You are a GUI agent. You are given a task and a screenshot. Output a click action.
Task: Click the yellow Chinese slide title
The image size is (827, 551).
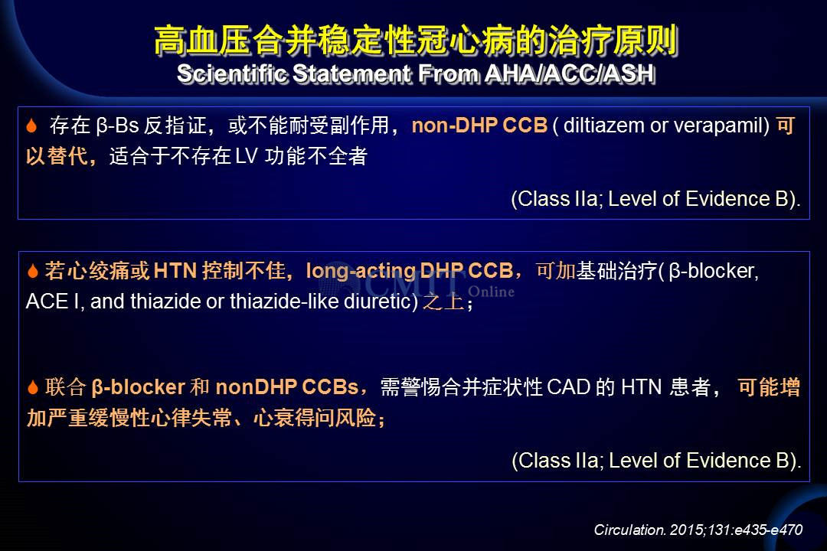pyautogui.click(x=416, y=40)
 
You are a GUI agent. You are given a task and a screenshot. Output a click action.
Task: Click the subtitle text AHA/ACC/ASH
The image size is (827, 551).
pyautogui.click(x=570, y=73)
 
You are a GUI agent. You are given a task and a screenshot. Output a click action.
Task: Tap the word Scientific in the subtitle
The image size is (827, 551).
pyautogui.click(x=233, y=73)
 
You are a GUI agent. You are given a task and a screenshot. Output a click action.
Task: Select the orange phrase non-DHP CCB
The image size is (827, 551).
pyautogui.click(x=479, y=126)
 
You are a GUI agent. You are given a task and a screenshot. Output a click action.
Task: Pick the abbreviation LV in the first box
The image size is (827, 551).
pyautogui.click(x=246, y=156)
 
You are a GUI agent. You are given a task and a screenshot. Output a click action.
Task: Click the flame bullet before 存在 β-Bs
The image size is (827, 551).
pyautogui.click(x=31, y=126)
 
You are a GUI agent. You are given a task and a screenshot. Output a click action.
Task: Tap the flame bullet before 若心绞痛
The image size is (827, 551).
pyautogui.click(x=33, y=271)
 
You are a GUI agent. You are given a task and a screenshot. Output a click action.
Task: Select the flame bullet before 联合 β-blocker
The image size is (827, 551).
pyautogui.click(x=33, y=387)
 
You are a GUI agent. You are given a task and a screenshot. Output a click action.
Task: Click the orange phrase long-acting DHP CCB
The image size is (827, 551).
pyautogui.click(x=409, y=271)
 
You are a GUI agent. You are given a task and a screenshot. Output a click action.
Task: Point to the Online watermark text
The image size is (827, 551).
pyautogui.click(x=491, y=292)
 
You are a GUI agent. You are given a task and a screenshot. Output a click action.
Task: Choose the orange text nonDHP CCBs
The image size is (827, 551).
pyautogui.click(x=287, y=387)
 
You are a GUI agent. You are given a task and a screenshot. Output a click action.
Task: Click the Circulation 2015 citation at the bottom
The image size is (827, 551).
pyautogui.click(x=698, y=530)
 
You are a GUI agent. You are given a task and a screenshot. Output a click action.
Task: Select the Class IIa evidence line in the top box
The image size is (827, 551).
pyautogui.click(x=655, y=199)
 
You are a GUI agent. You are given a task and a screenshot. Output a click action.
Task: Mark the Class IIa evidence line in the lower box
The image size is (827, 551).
pyautogui.click(x=656, y=461)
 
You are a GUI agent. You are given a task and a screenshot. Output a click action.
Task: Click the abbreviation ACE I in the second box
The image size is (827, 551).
pyautogui.click(x=52, y=302)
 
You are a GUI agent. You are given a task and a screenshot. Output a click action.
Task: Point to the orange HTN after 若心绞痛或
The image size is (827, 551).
pyautogui.click(x=175, y=271)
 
